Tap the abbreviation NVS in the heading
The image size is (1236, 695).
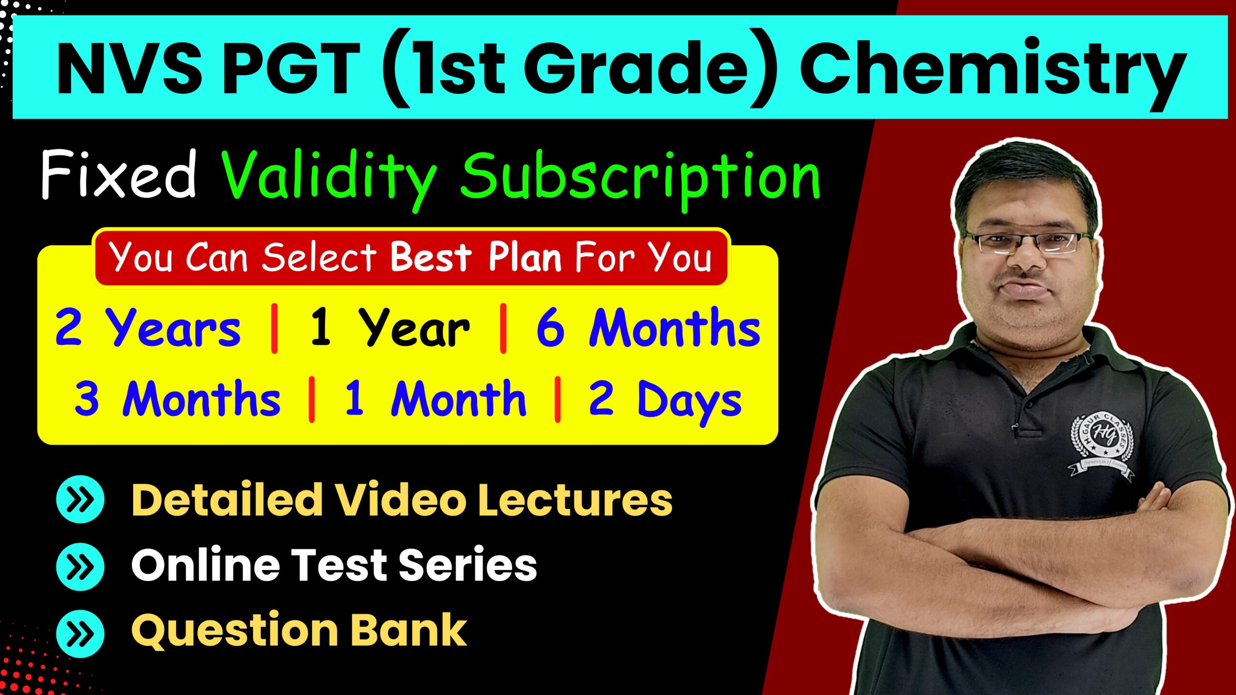tap(129, 69)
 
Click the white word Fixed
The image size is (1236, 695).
tap(119, 174)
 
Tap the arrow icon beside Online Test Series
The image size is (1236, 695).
tap(80, 567)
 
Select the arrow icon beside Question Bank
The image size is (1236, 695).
tap(80, 633)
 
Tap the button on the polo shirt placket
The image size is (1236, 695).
tap(1012, 427)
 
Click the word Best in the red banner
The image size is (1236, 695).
tap(431, 257)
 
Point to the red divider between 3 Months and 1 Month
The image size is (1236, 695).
tap(312, 400)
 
